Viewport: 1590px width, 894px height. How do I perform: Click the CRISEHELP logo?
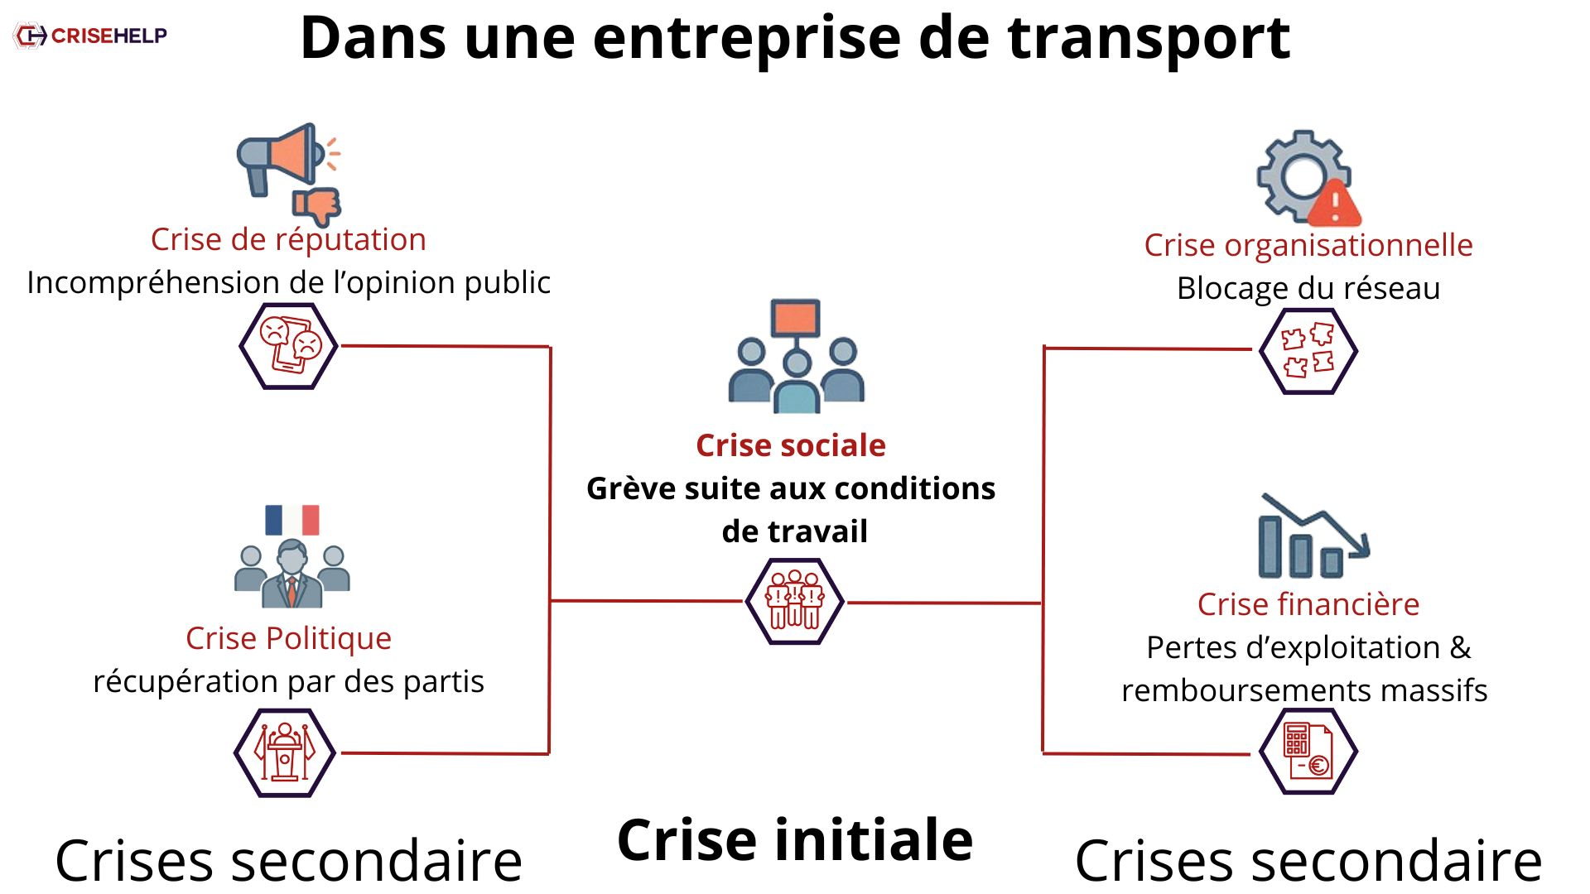click(91, 36)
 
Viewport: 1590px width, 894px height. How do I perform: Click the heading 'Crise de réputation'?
click(288, 239)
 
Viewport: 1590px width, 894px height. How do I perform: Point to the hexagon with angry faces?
click(288, 346)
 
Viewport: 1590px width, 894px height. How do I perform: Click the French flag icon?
click(291, 520)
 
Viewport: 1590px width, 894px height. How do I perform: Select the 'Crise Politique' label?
click(288, 638)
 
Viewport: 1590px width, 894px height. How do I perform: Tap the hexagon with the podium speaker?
click(285, 752)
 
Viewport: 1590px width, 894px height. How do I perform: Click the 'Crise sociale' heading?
click(791, 445)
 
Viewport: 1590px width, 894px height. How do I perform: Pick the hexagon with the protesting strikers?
click(794, 601)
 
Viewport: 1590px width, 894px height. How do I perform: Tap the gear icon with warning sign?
click(1308, 178)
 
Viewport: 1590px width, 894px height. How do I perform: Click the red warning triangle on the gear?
click(1334, 203)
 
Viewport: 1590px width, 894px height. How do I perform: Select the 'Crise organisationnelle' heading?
click(1308, 245)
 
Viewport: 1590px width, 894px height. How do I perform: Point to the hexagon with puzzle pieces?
click(1308, 351)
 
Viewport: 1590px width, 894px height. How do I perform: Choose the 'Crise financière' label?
click(1308, 604)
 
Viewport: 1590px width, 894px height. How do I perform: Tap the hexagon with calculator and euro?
click(1308, 752)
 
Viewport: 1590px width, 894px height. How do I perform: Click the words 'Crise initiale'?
click(795, 839)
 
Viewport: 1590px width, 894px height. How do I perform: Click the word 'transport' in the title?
click(1149, 38)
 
